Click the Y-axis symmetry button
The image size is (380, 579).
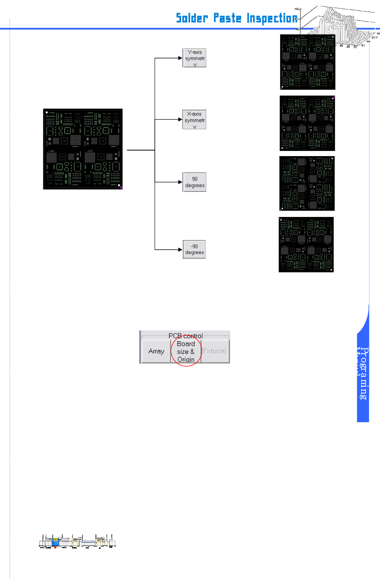(194, 58)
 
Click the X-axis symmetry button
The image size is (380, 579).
(194, 120)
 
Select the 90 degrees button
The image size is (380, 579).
(194, 182)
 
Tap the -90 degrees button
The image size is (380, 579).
(194, 250)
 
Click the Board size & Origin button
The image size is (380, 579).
(186, 351)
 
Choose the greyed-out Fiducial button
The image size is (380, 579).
(215, 351)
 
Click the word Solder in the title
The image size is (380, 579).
(192, 18)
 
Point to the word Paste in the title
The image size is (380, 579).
(227, 18)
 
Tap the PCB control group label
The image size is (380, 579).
(185, 336)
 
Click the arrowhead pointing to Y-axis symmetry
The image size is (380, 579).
(180, 58)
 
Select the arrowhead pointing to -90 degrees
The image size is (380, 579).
(180, 250)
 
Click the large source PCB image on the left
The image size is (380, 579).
(83, 149)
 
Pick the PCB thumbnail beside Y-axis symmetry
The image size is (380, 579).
(308, 62)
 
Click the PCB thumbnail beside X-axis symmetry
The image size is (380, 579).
(307, 123)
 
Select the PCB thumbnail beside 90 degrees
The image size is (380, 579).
(307, 183)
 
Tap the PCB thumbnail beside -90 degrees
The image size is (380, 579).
(306, 244)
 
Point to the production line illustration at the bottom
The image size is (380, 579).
(78, 542)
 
